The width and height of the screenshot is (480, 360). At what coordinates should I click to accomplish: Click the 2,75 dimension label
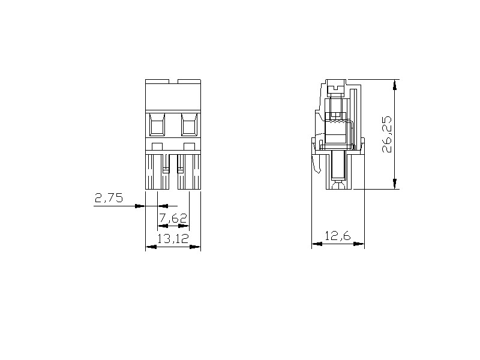pyautogui.click(x=109, y=199)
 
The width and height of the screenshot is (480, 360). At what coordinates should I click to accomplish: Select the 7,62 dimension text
pyautogui.click(x=173, y=218)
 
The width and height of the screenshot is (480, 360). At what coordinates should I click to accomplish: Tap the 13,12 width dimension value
pyautogui.click(x=173, y=238)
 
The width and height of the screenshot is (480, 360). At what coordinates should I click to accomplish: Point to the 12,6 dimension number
pyautogui.click(x=338, y=236)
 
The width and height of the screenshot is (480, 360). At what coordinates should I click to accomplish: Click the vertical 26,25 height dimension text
pyautogui.click(x=386, y=134)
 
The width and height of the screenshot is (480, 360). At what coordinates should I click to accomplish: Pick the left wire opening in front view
pyautogui.click(x=157, y=124)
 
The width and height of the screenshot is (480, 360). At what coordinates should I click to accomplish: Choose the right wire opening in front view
pyautogui.click(x=189, y=124)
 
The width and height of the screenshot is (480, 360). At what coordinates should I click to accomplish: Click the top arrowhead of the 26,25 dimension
pyautogui.click(x=395, y=85)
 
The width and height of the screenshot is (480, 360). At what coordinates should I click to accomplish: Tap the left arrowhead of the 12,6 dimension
pyautogui.click(x=317, y=244)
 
